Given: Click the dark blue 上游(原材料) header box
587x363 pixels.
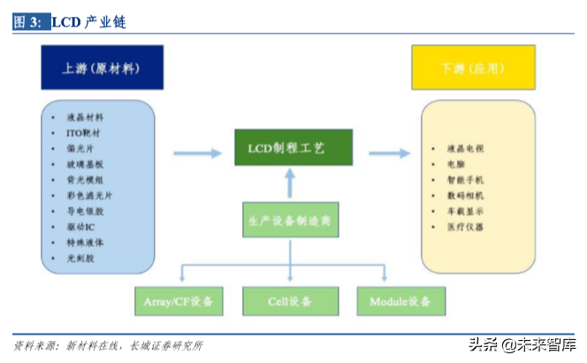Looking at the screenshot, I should pos(102,68).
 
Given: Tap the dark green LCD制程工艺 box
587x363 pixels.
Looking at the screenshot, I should pos(293,147).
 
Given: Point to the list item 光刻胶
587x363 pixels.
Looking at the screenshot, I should pos(84,259).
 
